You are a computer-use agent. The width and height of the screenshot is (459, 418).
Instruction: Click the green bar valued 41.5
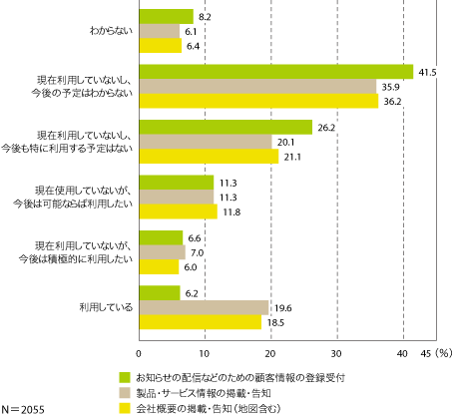(275, 71)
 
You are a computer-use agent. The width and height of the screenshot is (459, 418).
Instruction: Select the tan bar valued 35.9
(257, 86)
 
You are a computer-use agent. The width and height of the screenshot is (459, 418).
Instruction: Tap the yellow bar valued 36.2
(258, 101)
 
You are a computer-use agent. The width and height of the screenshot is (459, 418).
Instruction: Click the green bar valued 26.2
(226, 126)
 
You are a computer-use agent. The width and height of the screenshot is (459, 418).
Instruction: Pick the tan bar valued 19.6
(204, 307)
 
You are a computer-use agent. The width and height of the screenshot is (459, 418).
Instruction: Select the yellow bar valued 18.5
(200, 322)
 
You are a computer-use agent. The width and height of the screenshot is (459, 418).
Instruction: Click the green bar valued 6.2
(160, 292)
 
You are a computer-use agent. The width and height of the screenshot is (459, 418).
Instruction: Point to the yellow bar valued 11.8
(178, 210)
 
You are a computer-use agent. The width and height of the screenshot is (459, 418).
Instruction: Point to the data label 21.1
(291, 156)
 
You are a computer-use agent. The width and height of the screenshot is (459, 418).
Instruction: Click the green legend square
(126, 377)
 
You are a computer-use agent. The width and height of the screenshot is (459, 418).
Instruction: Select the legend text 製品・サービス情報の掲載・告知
(203, 393)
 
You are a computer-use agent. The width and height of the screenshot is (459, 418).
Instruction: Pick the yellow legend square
(126, 407)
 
